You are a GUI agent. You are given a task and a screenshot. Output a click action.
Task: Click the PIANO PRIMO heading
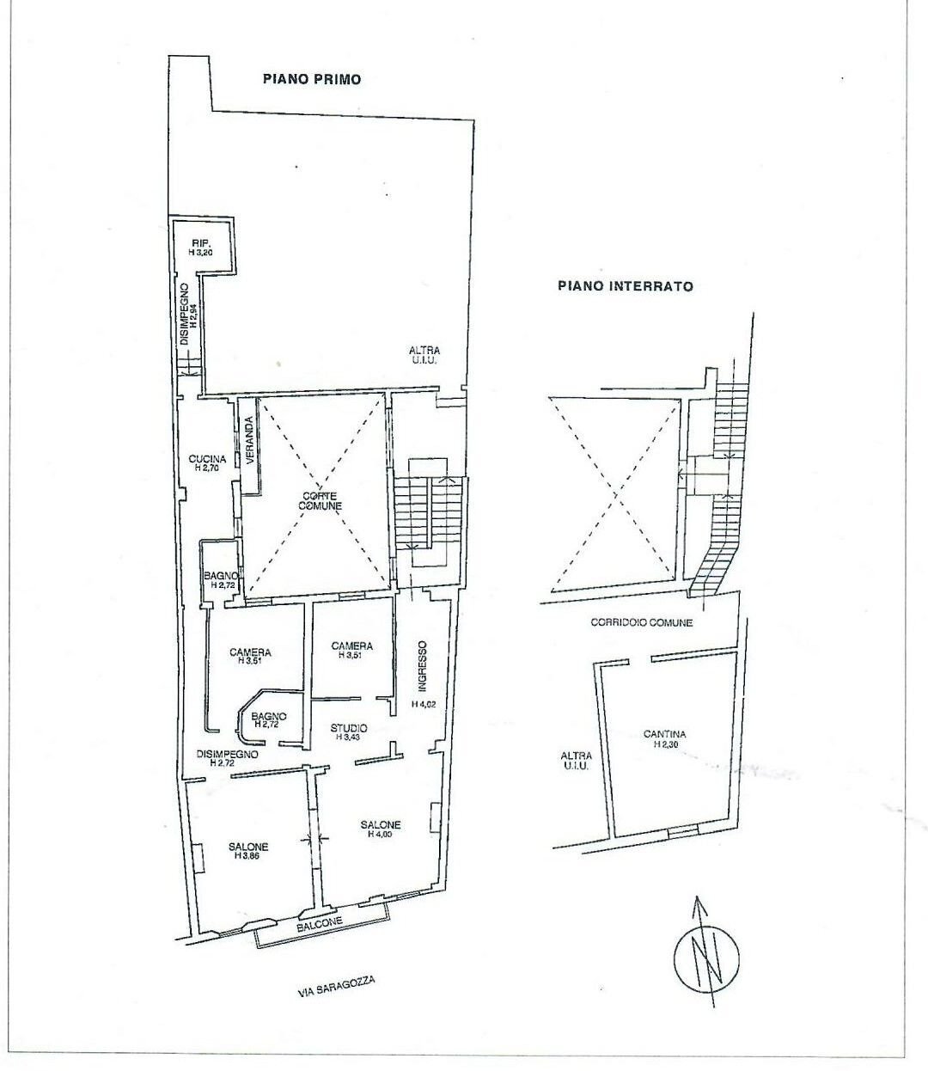pos(311,79)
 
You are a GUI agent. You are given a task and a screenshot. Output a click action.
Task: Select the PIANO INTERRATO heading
pos(625,286)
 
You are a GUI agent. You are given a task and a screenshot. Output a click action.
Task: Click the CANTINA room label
pos(664,735)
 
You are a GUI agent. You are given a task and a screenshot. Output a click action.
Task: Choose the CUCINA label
pos(207,459)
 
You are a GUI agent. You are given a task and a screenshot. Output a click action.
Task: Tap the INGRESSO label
pos(422,667)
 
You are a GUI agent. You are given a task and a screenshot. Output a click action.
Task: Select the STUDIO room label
pos(349,727)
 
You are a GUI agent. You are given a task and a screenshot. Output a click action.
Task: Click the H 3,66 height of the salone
pos(248,857)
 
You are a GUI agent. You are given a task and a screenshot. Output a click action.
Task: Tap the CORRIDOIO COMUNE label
pos(641,622)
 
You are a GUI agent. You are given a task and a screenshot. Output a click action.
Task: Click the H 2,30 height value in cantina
pos(664,746)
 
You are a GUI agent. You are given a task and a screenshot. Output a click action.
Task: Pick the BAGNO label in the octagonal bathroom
pos(269,715)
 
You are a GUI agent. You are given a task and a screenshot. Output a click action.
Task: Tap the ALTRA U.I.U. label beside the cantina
pos(575,762)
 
